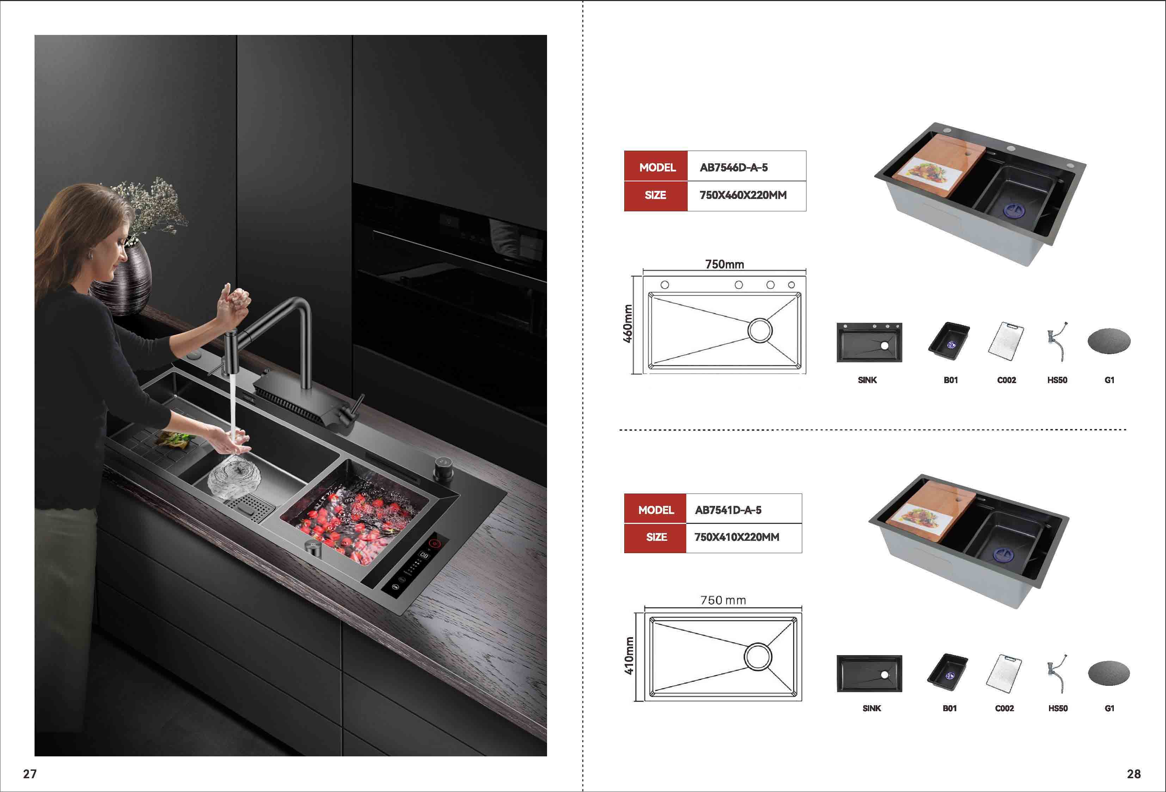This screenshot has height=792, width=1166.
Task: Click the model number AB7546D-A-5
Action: pyautogui.click(x=734, y=168)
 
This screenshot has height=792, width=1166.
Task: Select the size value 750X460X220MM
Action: pyautogui.click(x=743, y=195)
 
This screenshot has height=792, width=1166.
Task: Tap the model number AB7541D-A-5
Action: pyautogui.click(x=728, y=510)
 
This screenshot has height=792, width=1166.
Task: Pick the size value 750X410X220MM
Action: pyautogui.click(x=737, y=537)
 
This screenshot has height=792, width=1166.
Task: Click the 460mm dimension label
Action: pyautogui.click(x=628, y=324)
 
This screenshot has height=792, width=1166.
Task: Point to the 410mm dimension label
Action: pyautogui.click(x=629, y=656)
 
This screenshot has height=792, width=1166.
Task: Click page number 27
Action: pyautogui.click(x=30, y=774)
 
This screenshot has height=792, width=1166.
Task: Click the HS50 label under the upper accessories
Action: pyautogui.click(x=1057, y=380)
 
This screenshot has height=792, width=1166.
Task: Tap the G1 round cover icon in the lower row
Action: pyautogui.click(x=1109, y=673)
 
